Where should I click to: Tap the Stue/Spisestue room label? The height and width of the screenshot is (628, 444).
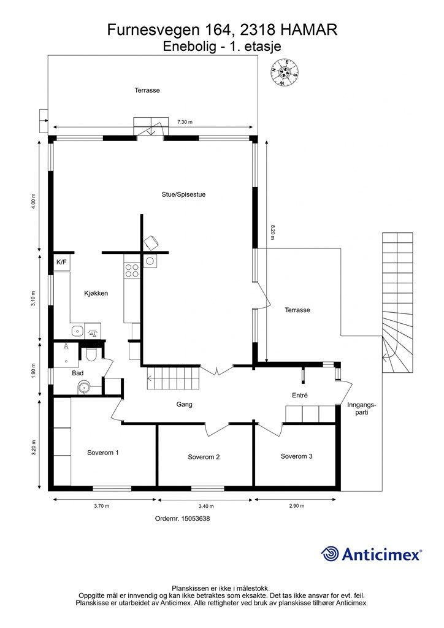pyautogui.click(x=183, y=194)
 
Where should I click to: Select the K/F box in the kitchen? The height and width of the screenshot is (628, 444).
pyautogui.click(x=61, y=262)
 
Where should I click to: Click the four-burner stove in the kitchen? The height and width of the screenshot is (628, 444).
pyautogui.click(x=132, y=270)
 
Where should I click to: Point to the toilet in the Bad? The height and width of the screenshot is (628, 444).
pyautogui.click(x=91, y=356)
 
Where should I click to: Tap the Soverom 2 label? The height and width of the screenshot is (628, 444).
pyautogui.click(x=204, y=457)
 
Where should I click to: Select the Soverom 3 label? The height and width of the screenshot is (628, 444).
pyautogui.click(x=297, y=456)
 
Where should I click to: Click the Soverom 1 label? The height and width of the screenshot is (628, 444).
pyautogui.click(x=102, y=453)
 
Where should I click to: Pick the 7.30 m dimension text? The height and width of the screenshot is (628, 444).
pyautogui.click(x=185, y=122)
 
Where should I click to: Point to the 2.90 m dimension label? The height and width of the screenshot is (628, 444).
pyautogui.click(x=297, y=506)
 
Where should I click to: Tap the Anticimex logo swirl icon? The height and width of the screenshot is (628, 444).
pyautogui.click(x=331, y=554)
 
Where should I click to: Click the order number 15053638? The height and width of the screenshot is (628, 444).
pyautogui.click(x=183, y=518)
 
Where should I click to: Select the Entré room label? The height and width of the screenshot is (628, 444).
pyautogui.click(x=299, y=396)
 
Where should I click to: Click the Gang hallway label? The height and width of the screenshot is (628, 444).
pyautogui.click(x=184, y=404)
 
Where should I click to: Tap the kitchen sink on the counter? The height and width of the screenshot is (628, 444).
pyautogui.click(x=76, y=331)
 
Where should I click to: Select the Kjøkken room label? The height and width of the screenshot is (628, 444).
pyautogui.click(x=96, y=293)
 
